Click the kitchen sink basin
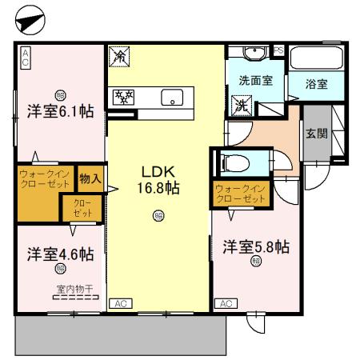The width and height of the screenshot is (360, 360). (x=172, y=98)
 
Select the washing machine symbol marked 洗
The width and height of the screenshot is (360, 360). (x=240, y=103)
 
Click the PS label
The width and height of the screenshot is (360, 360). (x=278, y=50)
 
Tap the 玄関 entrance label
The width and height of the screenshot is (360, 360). (x=315, y=134)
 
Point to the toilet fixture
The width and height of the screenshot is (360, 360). (x=236, y=163)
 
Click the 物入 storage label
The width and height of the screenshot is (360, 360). (x=90, y=178)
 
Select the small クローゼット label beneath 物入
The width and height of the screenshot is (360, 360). (x=83, y=209)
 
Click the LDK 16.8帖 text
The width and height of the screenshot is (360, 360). (x=160, y=180)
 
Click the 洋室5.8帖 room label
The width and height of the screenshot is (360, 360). (x=255, y=247)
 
